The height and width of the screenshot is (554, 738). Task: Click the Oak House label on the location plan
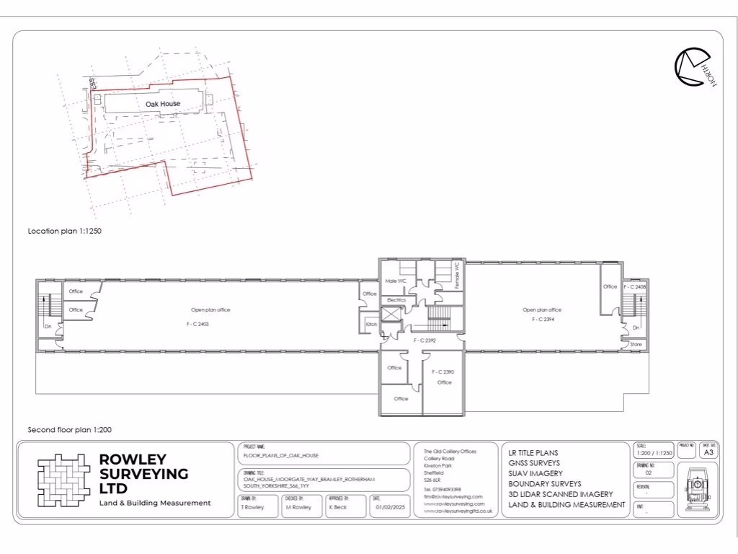163,104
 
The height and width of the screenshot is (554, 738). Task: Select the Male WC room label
396,280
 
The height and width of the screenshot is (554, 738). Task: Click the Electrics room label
396,299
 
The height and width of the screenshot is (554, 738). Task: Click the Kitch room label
371,325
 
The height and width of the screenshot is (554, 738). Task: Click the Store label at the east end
636,345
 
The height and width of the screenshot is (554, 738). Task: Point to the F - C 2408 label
636,286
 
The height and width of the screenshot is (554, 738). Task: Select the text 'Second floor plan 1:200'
69,429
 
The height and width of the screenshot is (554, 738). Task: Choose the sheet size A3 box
708,453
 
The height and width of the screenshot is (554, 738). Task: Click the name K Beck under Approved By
338,507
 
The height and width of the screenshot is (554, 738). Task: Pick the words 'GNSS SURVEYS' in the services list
535,463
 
